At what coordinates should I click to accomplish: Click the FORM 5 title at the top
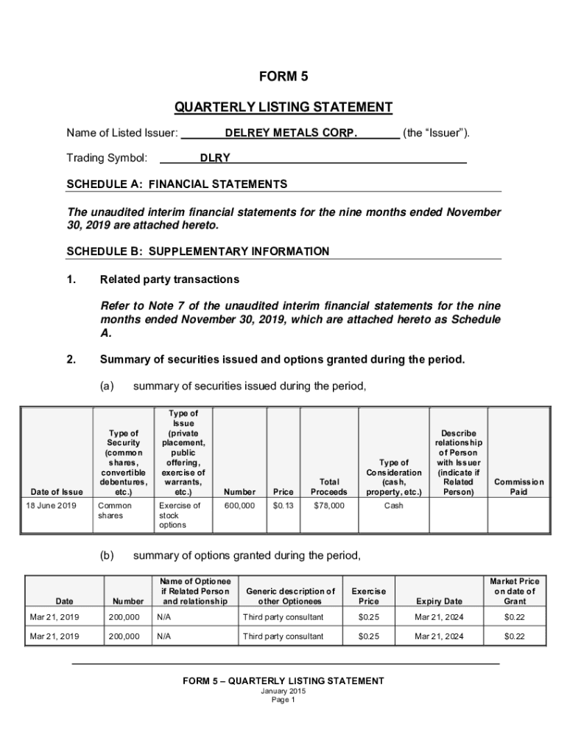point(283,77)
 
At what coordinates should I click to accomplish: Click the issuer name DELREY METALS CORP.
point(291,133)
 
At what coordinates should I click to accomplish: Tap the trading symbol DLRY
point(215,158)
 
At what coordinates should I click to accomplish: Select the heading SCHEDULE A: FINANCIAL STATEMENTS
point(177,184)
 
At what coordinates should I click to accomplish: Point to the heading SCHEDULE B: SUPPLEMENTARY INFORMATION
point(197,251)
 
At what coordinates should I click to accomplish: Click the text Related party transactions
point(169,279)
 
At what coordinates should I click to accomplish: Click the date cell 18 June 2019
point(52,506)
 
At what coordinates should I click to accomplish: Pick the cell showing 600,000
point(240,506)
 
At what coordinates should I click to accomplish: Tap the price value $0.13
point(283,506)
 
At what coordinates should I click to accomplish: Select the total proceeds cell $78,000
point(328,506)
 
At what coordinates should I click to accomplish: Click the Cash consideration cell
point(393,506)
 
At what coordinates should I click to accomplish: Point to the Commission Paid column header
point(518,487)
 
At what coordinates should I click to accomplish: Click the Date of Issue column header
point(57,492)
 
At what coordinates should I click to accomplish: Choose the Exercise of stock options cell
point(179,515)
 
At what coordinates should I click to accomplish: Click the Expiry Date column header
point(439,601)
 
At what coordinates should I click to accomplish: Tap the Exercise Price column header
point(368,596)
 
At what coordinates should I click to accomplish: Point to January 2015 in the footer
point(283,691)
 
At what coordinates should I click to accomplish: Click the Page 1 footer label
point(283,700)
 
